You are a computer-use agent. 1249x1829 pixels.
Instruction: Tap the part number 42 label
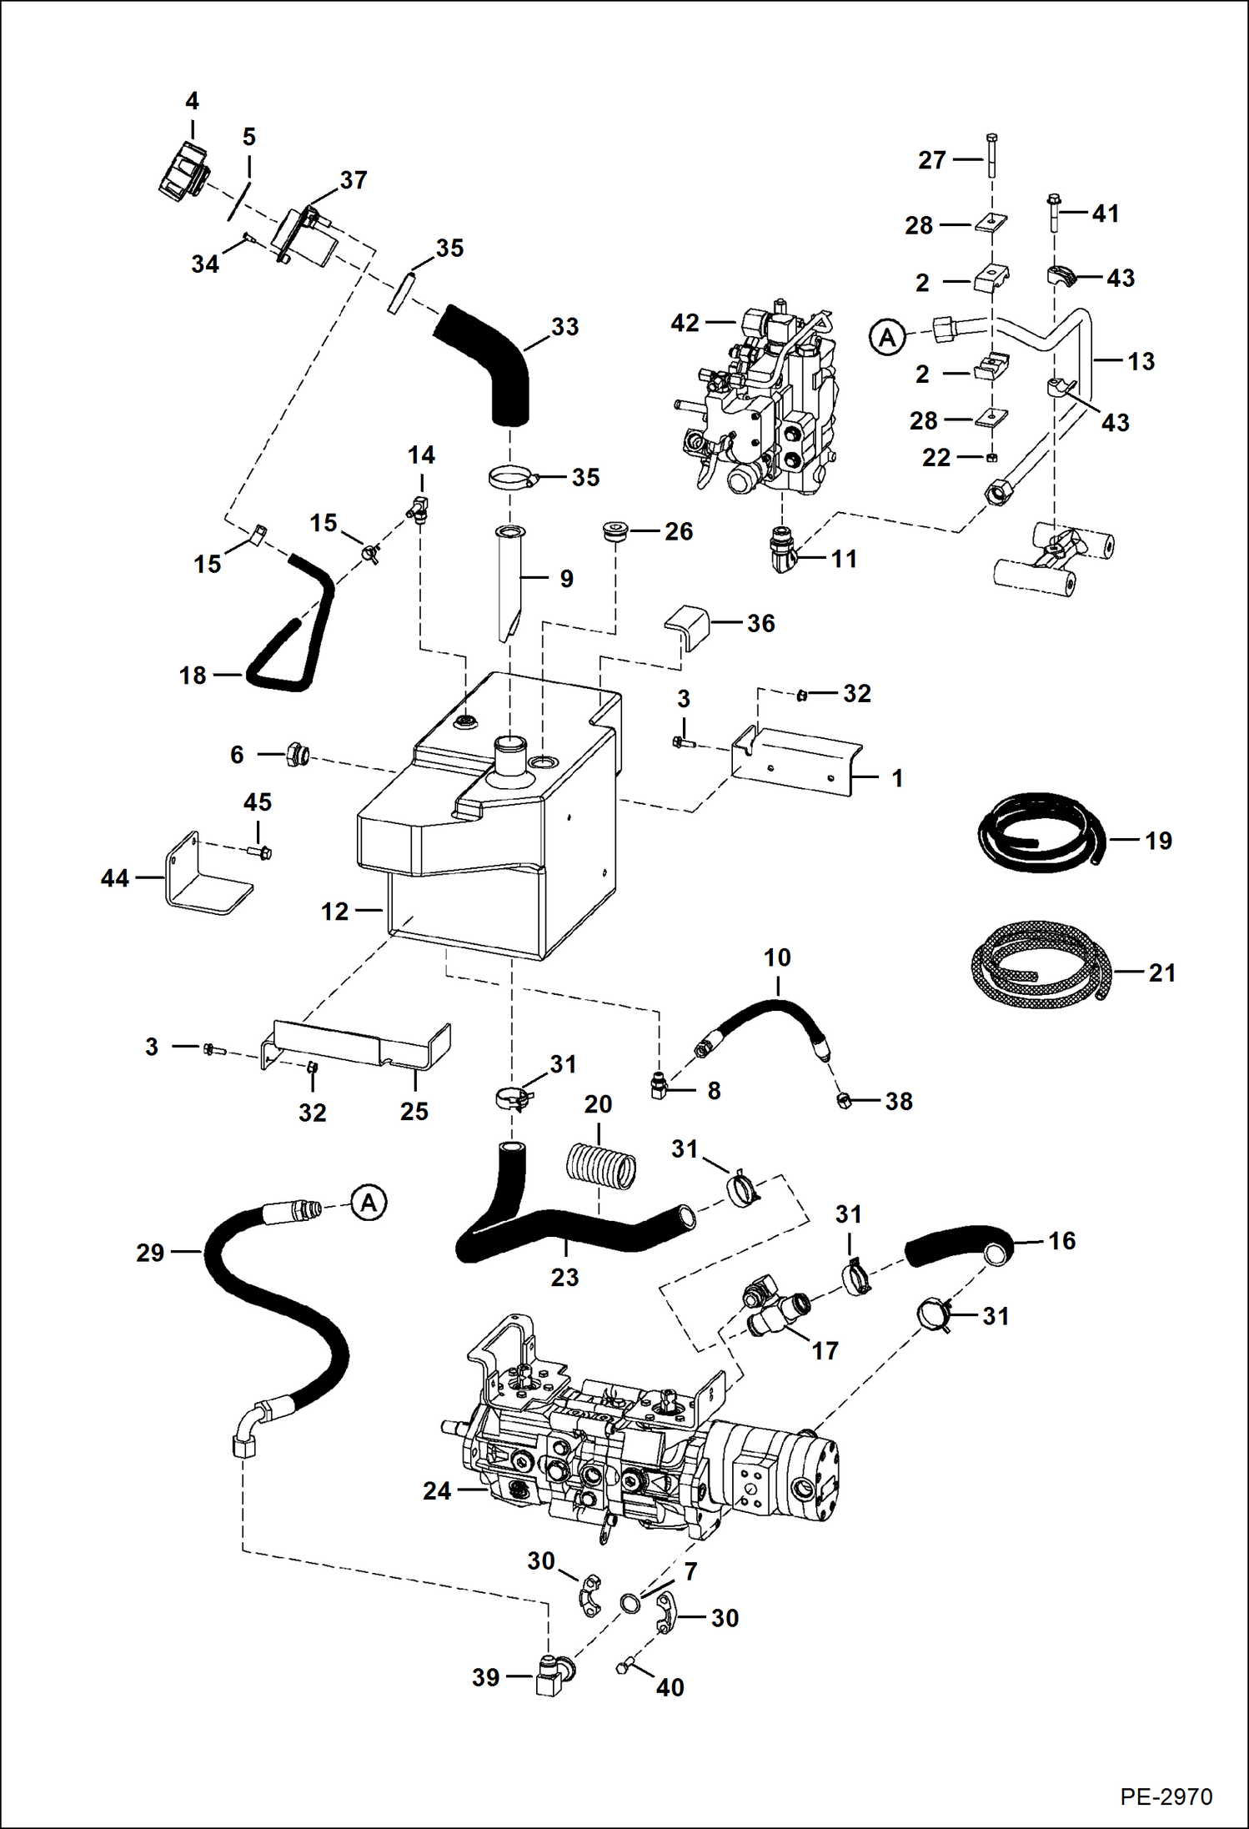(685, 323)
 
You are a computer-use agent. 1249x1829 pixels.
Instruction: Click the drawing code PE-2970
(1166, 1796)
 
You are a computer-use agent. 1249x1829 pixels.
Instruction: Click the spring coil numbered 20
(600, 1164)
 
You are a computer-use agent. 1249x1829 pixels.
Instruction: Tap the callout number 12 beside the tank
(334, 912)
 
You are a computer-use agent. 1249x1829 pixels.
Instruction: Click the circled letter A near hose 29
(369, 1203)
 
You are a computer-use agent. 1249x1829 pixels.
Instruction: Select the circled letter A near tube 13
(887, 338)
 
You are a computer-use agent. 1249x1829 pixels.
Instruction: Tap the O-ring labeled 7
(630, 1602)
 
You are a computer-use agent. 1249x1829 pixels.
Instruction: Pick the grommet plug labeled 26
(615, 532)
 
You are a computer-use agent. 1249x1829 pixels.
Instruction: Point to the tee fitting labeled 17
(773, 1309)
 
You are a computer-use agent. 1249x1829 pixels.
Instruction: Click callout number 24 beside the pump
(436, 1490)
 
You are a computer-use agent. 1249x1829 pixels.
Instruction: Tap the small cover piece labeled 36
(687, 624)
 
